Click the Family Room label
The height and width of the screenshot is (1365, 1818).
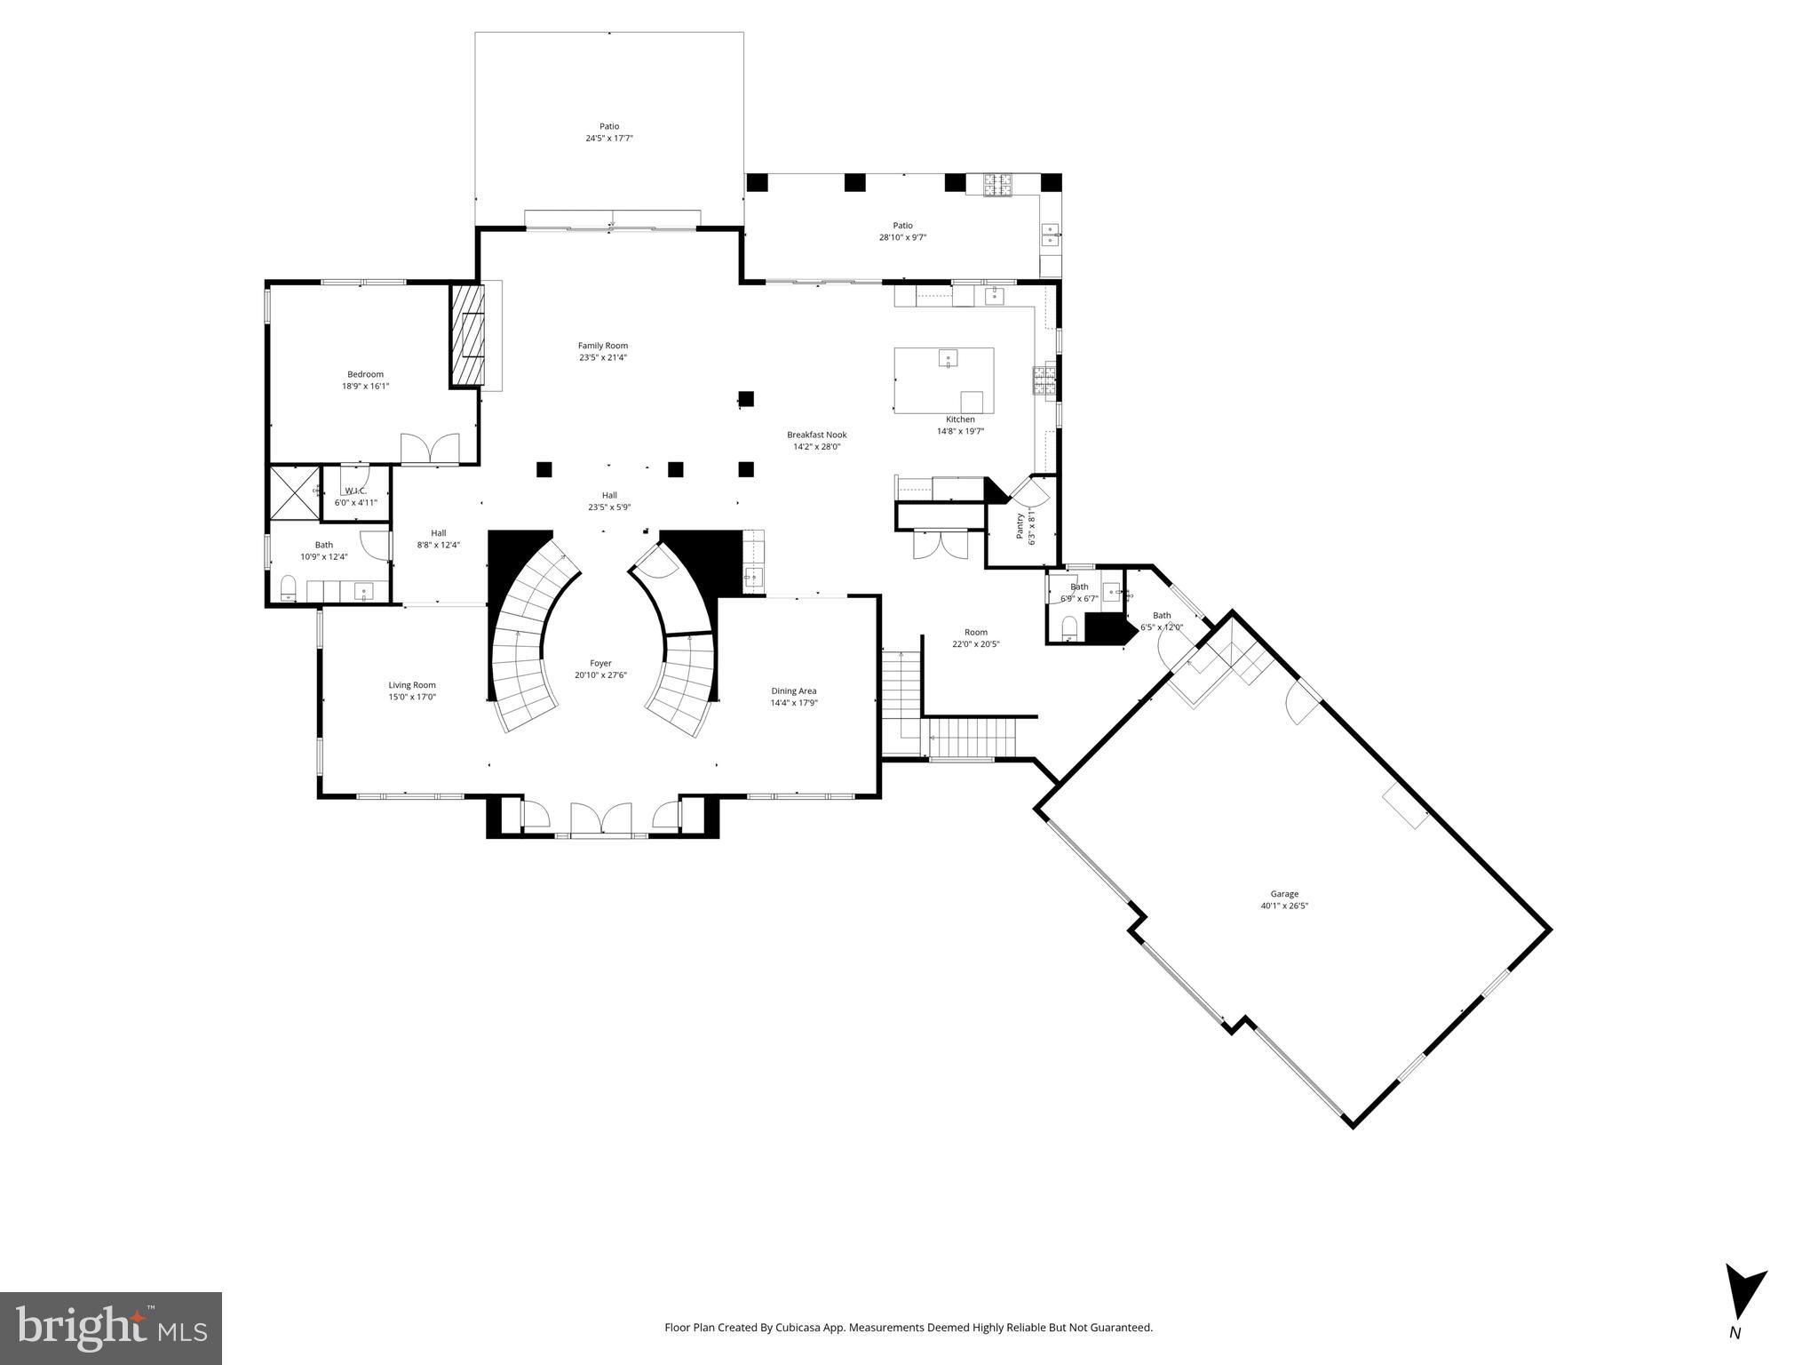(x=602, y=346)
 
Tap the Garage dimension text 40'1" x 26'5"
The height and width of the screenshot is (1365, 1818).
(x=1284, y=906)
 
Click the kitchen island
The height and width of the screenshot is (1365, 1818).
(x=943, y=380)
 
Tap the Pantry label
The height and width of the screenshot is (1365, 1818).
(x=1020, y=526)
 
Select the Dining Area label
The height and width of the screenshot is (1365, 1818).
(x=793, y=690)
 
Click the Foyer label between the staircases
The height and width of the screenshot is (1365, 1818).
(x=600, y=663)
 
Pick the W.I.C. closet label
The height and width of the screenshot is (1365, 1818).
(x=355, y=491)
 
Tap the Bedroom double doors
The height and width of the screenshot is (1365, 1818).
(x=430, y=449)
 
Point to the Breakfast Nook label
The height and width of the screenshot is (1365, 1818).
(x=816, y=435)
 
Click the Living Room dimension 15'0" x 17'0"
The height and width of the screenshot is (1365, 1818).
(x=412, y=697)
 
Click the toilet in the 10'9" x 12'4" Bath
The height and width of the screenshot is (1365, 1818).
(x=289, y=587)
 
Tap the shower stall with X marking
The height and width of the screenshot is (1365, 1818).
(x=294, y=491)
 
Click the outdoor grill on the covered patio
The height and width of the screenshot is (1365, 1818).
(x=996, y=185)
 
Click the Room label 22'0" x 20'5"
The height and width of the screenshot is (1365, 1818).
(x=975, y=633)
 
